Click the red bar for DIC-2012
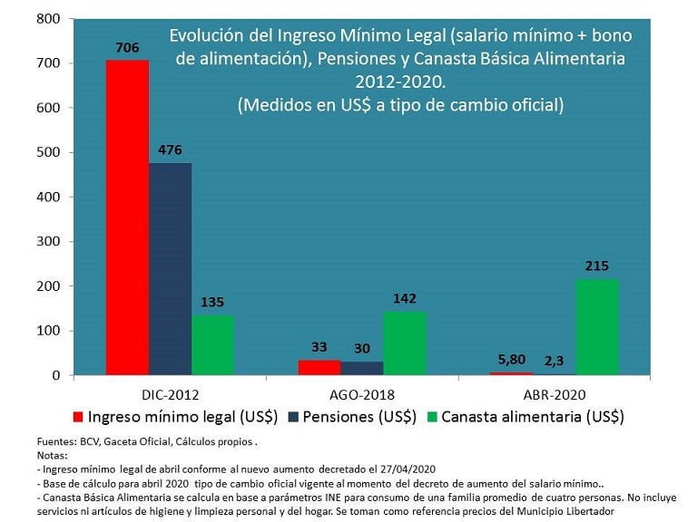pos(127,217)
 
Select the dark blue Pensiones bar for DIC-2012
pos(170,268)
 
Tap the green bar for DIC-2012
pos(212,344)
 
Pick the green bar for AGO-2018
pos(405,343)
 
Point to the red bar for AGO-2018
pos(319,368)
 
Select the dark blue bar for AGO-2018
pos(362,369)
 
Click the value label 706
pos(127,47)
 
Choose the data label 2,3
pos(555,361)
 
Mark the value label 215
pos(597,266)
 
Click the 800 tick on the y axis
pos(47,19)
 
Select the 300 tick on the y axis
pos(47,242)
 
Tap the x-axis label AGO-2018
pos(361,394)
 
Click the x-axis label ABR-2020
pos(554,394)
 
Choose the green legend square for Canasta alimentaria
pos(431,417)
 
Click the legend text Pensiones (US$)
pos(360,417)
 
